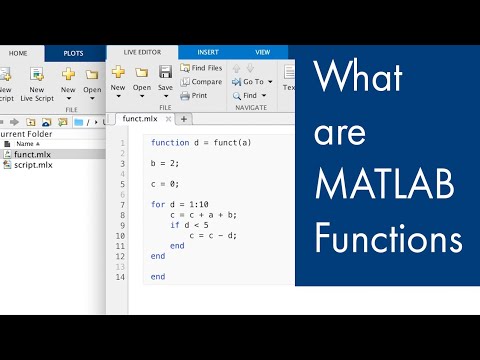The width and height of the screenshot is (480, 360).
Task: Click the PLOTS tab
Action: tap(73, 52)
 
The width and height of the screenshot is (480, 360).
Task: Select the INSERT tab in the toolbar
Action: tap(208, 52)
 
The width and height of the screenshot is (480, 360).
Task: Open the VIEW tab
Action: tap(263, 52)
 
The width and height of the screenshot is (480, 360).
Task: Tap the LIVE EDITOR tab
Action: tap(142, 52)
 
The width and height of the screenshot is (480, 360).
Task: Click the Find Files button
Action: tap(201, 68)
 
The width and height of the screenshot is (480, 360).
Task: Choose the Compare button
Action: tap(201, 82)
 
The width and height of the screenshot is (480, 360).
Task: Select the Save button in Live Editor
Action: tap(166, 78)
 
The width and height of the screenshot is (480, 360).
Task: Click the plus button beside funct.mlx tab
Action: tap(184, 119)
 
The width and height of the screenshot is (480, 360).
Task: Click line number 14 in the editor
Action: tap(121, 277)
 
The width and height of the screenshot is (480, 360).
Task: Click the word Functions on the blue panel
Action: tap(388, 240)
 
